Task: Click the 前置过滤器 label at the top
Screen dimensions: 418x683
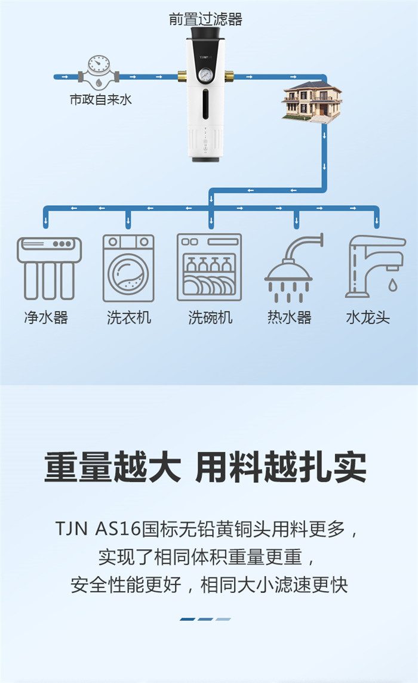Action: (x=205, y=18)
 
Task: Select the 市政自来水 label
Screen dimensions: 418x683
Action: (x=101, y=99)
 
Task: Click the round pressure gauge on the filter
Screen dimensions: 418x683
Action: (x=204, y=76)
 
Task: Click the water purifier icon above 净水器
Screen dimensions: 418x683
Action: (x=49, y=268)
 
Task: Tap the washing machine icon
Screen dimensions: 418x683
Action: (x=128, y=268)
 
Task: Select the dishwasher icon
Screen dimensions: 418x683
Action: (x=209, y=267)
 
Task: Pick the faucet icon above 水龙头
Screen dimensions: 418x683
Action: (x=375, y=267)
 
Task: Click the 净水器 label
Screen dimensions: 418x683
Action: (x=46, y=317)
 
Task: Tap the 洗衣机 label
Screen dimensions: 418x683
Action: (x=129, y=317)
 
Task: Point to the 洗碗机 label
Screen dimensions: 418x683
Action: (x=210, y=317)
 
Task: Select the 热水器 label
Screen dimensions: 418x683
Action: (x=290, y=317)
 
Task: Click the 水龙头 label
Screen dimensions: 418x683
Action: (x=368, y=317)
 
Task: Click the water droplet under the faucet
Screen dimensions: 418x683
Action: (x=393, y=285)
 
